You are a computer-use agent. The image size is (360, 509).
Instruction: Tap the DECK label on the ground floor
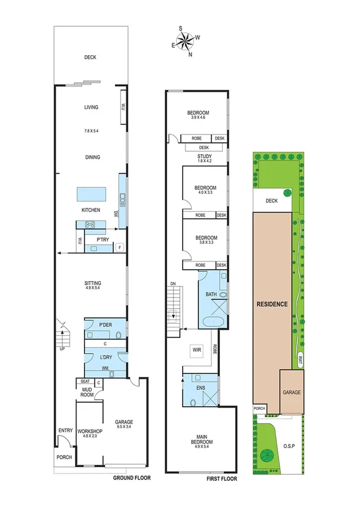click(x=90, y=58)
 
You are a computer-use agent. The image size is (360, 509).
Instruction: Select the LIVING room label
click(x=91, y=108)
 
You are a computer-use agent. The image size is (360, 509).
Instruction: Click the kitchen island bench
click(x=90, y=195)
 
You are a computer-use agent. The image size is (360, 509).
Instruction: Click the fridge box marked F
click(x=120, y=247)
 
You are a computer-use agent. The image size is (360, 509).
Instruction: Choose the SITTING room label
click(x=92, y=282)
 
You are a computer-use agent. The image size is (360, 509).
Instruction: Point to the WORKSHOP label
click(x=90, y=431)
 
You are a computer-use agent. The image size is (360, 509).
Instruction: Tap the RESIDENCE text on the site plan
click(x=273, y=304)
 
